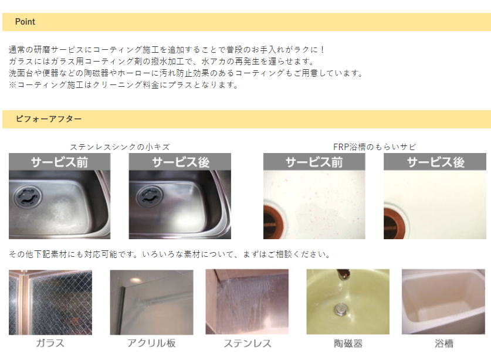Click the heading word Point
[25, 22]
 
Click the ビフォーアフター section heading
[49, 118]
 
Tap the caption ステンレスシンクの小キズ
[120, 147]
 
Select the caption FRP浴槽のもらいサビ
[374, 147]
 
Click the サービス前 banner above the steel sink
[59, 162]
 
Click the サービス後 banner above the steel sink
[180, 162]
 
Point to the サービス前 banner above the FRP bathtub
[314, 162]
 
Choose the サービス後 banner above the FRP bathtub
[435, 162]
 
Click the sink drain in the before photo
[28, 196]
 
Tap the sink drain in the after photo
[150, 196]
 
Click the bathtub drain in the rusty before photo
[273, 223]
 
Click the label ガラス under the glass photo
[50, 343]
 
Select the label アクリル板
[151, 343]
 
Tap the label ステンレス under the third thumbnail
[248, 343]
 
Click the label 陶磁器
[348, 344]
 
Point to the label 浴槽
[444, 344]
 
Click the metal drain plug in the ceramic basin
[340, 310]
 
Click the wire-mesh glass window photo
[50, 303]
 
